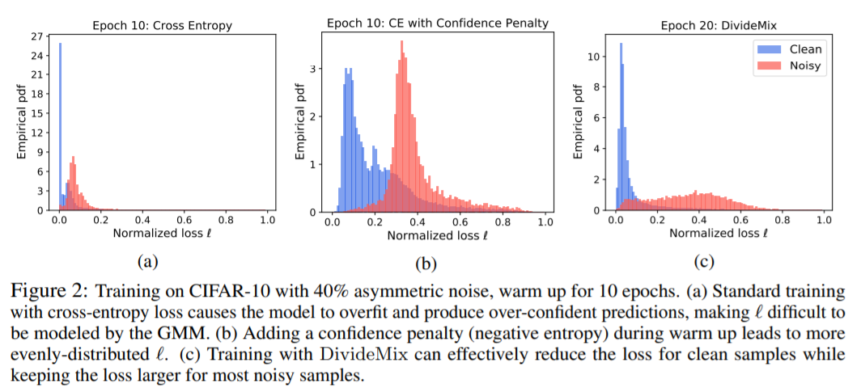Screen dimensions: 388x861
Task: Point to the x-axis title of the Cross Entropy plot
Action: pos(163,234)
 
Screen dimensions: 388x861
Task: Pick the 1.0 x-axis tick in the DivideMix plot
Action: pos(824,219)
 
